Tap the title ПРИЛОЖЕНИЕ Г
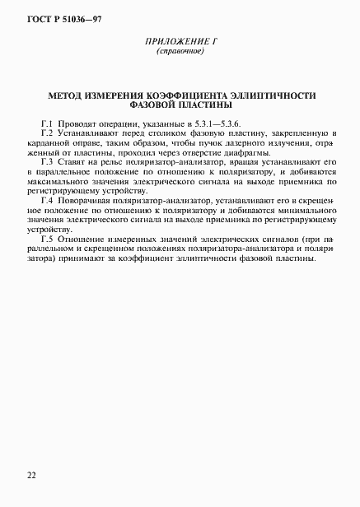pyautogui.click(x=180, y=43)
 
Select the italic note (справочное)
pyautogui.click(x=180, y=53)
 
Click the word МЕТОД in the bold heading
pyautogui.click(x=68, y=95)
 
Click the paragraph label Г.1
pyautogui.click(x=47, y=123)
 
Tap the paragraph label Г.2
pyautogui.click(x=47, y=133)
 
